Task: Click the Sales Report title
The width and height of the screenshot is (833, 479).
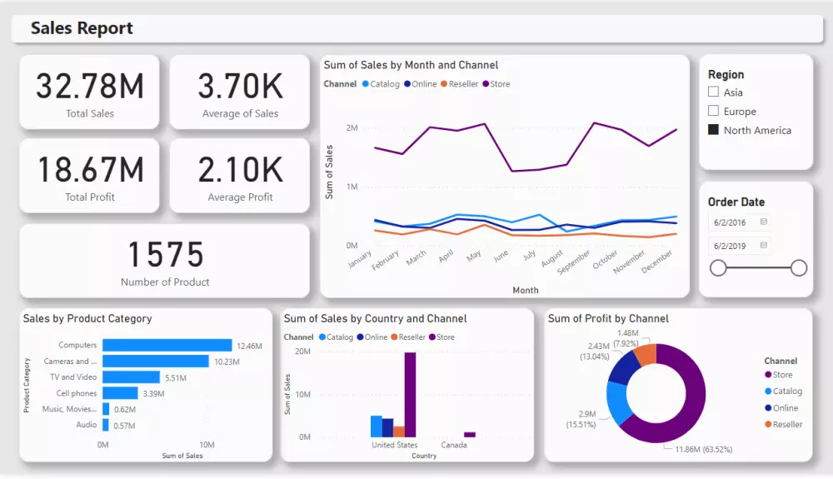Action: [x=82, y=28]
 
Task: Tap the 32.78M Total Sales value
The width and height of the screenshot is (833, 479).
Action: [x=90, y=87]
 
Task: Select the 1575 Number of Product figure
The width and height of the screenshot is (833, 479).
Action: [x=165, y=255]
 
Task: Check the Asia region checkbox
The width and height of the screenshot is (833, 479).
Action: [x=713, y=92]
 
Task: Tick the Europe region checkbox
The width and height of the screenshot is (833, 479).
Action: [x=713, y=111]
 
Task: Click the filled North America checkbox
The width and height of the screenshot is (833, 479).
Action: [x=713, y=130]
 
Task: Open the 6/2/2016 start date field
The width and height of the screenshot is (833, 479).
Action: [x=739, y=222]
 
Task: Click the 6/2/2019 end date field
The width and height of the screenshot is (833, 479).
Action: [x=739, y=246]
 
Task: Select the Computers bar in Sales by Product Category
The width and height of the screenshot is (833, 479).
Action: [x=167, y=345]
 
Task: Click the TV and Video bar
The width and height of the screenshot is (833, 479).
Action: [x=131, y=377]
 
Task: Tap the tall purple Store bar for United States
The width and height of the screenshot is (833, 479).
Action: [x=410, y=394]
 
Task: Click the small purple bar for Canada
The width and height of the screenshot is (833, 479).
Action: [x=470, y=434]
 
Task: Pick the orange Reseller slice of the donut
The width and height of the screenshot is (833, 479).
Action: [x=646, y=354]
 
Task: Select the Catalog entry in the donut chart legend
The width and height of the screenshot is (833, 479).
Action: [x=786, y=392]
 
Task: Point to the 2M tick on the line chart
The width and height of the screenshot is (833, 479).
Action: [x=352, y=128]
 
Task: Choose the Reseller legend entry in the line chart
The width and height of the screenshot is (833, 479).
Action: [x=463, y=84]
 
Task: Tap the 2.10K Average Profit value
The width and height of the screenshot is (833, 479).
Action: [x=240, y=170]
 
